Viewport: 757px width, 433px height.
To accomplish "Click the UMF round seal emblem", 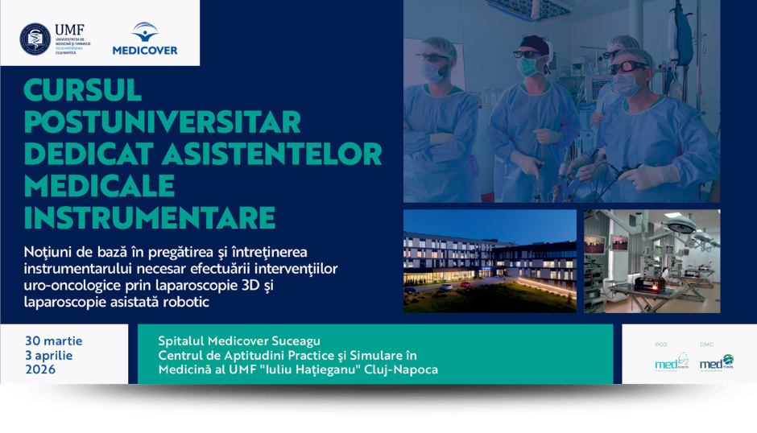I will [35, 39].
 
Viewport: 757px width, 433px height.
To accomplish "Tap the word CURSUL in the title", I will [83, 90].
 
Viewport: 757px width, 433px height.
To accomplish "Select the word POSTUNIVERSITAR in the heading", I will [162, 122].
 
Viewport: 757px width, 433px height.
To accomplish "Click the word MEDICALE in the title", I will [99, 185].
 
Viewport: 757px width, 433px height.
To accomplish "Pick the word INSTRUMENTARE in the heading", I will [150, 217].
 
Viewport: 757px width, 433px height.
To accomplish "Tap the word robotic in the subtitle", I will [188, 302].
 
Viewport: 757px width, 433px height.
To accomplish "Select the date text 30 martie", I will [53, 340].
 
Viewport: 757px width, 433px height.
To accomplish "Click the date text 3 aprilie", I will [48, 355].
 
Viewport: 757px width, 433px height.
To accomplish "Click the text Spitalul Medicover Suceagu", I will [239, 341].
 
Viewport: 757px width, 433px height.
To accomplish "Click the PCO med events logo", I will [672, 361].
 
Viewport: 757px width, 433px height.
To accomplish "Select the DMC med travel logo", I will [716, 361].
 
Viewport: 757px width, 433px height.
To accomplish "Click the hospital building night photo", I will [490, 261].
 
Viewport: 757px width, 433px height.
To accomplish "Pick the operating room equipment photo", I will [652, 261].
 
